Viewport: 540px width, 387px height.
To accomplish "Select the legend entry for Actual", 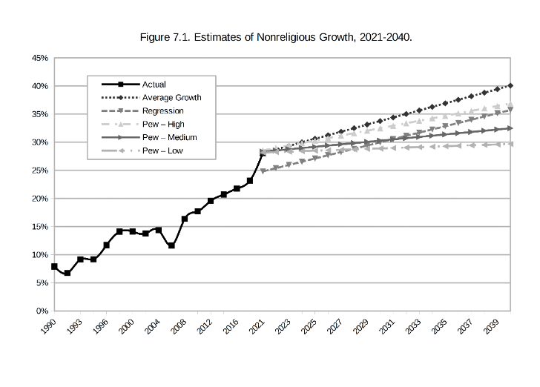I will coord(154,85).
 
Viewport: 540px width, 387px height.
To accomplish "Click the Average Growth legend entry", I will coord(171,98).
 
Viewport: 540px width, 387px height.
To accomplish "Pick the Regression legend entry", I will coord(162,111).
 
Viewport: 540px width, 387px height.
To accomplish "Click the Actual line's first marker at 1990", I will coord(54,266).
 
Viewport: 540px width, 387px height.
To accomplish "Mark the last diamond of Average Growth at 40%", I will coord(510,86).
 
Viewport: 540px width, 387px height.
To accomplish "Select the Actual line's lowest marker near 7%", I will coord(67,273).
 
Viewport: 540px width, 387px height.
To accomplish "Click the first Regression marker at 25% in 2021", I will coord(263,171).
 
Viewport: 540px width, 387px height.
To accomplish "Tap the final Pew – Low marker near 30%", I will coord(510,144).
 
